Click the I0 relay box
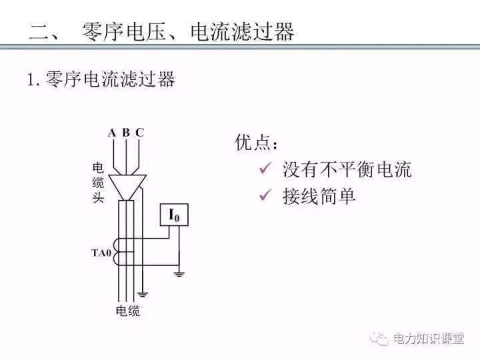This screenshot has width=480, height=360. click(x=174, y=215)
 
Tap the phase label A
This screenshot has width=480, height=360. click(x=111, y=132)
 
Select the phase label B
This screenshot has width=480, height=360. click(x=125, y=132)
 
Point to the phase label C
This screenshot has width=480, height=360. click(x=139, y=132)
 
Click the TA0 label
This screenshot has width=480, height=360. click(x=101, y=253)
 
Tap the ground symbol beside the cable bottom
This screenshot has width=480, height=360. click(x=142, y=293)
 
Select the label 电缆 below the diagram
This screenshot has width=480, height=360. click(x=128, y=311)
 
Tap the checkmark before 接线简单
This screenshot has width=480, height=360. click(x=265, y=196)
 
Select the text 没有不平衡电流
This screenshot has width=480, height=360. click(x=347, y=169)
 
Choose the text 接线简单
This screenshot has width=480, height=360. click(x=319, y=197)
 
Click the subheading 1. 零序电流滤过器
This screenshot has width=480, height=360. click(x=101, y=80)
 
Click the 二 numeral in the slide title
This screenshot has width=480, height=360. click(x=42, y=31)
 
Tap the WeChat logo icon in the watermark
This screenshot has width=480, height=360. click(x=382, y=339)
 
